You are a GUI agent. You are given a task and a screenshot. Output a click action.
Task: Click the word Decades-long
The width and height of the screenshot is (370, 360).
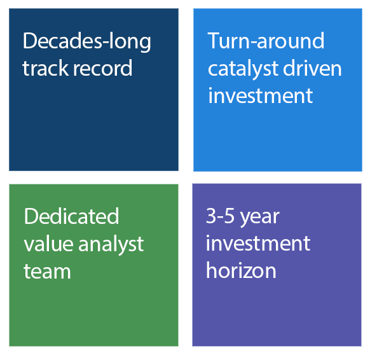coord(87,42)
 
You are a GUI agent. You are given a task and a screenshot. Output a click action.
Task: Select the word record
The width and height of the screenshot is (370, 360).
coord(103,68)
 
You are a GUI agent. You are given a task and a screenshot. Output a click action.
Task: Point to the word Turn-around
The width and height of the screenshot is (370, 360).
coord(266,41)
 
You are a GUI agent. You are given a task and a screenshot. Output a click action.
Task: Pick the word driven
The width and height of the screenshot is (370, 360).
coord(312,68)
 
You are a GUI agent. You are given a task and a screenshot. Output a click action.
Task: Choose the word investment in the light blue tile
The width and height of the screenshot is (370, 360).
coord(261,95)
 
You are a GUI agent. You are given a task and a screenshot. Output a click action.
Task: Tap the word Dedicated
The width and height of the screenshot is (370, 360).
coord(71,216)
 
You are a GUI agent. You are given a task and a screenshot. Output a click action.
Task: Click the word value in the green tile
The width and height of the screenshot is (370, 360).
coord(48,244)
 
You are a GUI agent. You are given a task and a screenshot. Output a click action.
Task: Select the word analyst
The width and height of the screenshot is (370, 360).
coord(111,245)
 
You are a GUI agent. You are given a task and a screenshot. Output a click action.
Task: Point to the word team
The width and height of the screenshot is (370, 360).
coord(47,271)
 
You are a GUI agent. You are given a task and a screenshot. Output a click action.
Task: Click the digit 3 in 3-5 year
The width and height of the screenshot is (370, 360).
coord(211,216)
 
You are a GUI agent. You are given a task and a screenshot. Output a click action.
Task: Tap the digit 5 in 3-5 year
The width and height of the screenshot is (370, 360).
coord(229,216)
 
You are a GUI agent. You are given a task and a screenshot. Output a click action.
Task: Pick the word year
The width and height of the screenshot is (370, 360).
coord(259,218)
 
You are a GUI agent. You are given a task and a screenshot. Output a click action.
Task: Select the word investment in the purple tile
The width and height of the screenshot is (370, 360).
coord(258,243)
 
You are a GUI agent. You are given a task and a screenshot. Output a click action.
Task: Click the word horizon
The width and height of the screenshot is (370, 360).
coord(241,270)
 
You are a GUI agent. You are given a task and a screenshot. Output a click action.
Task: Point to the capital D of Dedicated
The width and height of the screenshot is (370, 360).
coord(31,216)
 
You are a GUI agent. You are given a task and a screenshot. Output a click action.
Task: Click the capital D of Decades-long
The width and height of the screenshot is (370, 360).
coord(30,41)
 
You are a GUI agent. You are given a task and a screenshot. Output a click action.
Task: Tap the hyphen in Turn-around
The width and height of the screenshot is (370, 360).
coord(252,43)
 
